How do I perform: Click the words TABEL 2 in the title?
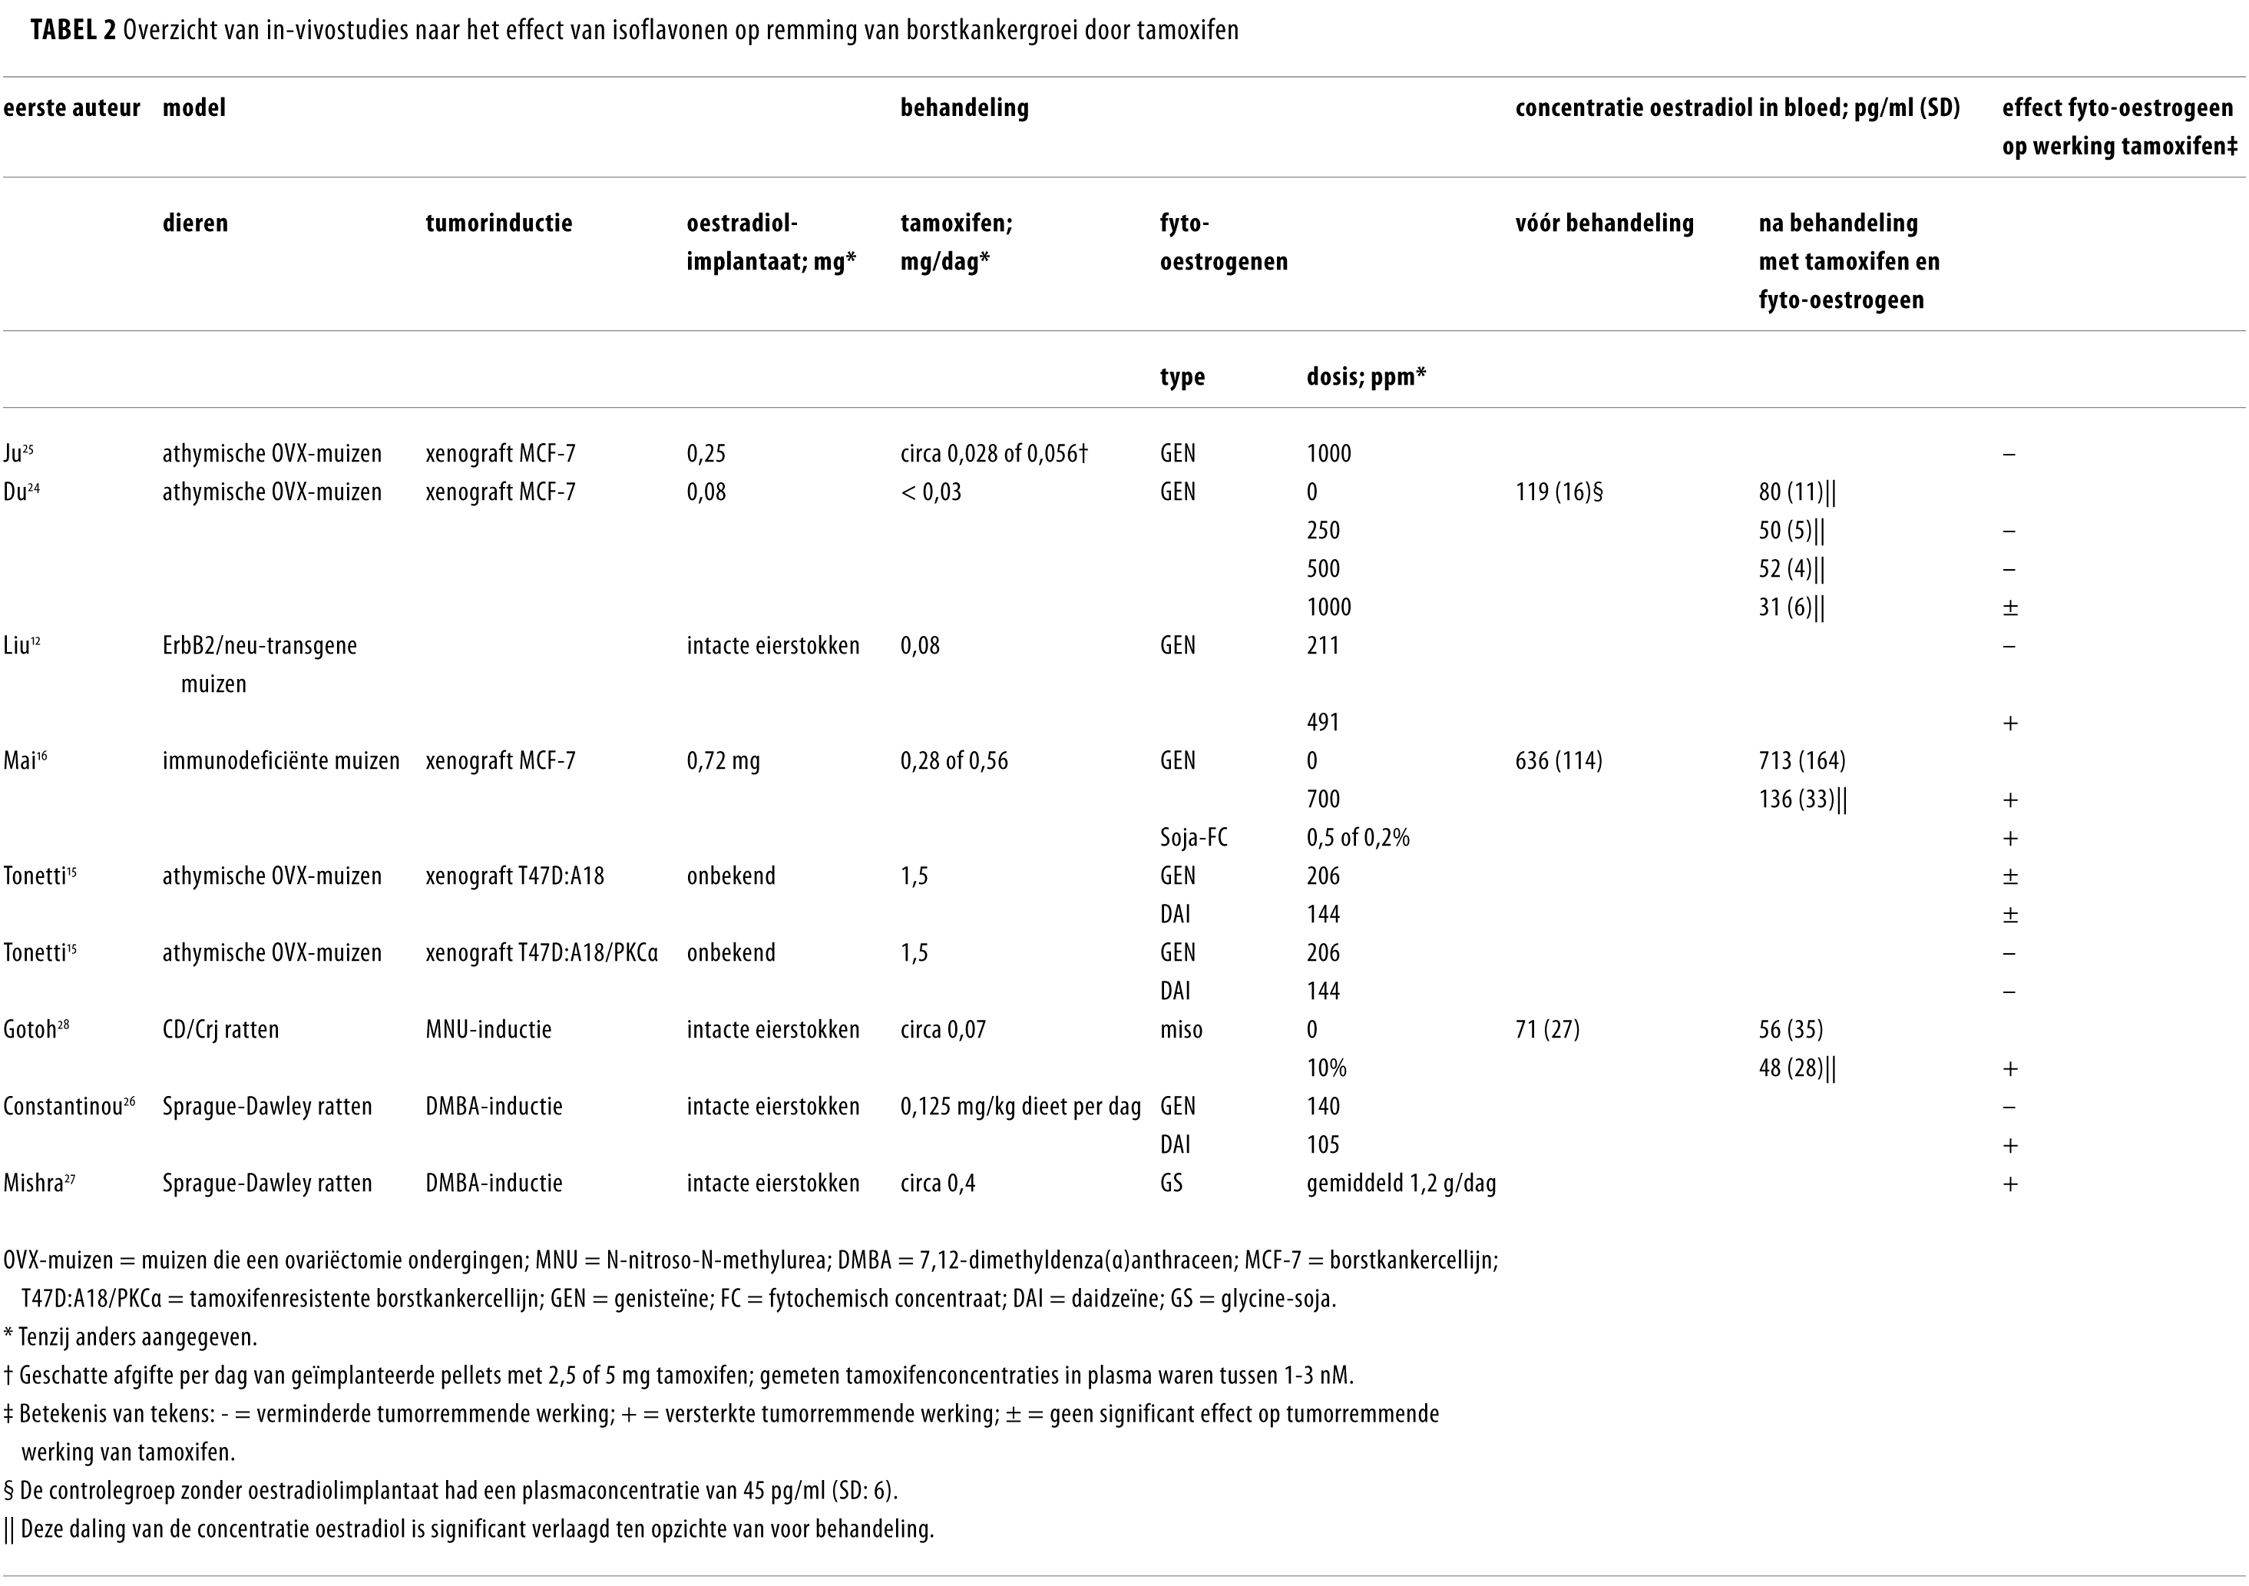[x=74, y=31]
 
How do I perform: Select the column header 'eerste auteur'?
[x=71, y=108]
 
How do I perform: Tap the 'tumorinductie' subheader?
[x=498, y=223]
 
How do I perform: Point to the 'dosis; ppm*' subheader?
[x=1365, y=377]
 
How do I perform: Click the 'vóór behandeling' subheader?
[x=1603, y=223]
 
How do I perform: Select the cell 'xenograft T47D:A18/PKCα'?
[x=541, y=953]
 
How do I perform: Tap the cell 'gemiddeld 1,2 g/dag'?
[x=1401, y=1184]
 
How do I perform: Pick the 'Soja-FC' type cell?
[x=1193, y=838]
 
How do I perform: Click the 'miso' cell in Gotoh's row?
[x=1180, y=1030]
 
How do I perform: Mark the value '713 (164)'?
[x=1801, y=761]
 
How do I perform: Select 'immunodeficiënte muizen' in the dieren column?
[x=281, y=761]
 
